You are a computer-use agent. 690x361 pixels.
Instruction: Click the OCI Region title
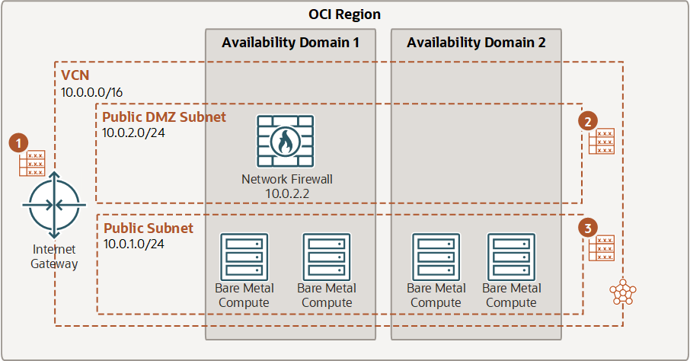pyautogui.click(x=344, y=14)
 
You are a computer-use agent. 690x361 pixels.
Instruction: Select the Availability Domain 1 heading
pyautogui.click(x=290, y=43)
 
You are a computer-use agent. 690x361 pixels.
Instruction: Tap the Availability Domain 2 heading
pyautogui.click(x=476, y=43)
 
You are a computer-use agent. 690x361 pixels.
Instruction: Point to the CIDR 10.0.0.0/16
pyautogui.click(x=92, y=92)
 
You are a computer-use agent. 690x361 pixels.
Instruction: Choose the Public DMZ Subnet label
pyautogui.click(x=164, y=117)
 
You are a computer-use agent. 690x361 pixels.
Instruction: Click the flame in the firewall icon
pyautogui.click(x=286, y=142)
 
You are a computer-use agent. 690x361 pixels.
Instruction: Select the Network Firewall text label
pyautogui.click(x=287, y=180)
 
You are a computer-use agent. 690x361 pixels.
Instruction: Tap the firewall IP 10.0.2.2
pyautogui.click(x=287, y=194)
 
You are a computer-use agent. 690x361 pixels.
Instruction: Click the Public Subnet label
pyautogui.click(x=149, y=228)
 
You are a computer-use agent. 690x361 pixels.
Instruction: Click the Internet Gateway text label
pyautogui.click(x=54, y=257)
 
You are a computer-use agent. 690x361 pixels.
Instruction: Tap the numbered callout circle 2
pyautogui.click(x=587, y=121)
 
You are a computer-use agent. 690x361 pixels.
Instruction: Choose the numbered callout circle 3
pyautogui.click(x=587, y=228)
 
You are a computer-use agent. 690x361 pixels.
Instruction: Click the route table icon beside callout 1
pyautogui.click(x=32, y=164)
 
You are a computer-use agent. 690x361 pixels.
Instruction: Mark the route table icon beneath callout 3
pyautogui.click(x=602, y=248)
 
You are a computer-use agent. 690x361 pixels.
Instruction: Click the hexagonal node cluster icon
pyautogui.click(x=623, y=291)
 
